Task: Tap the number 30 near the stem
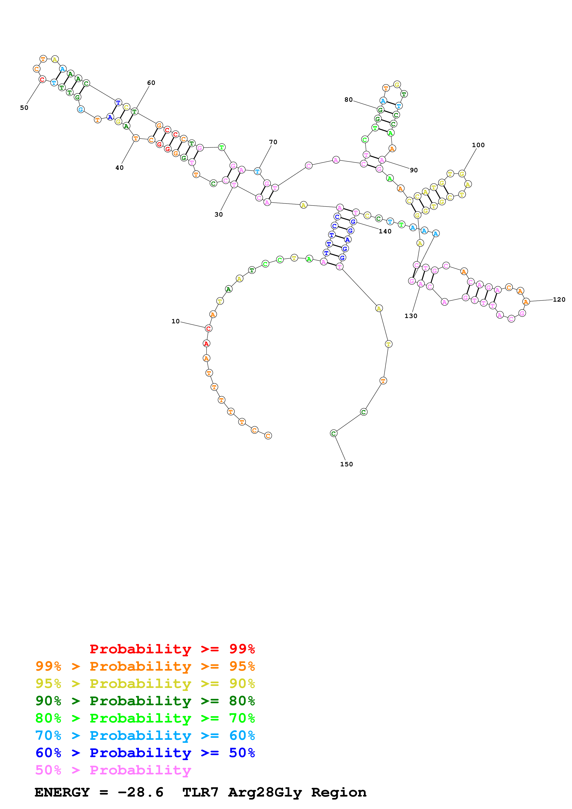coord(219,214)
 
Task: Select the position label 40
coord(120,168)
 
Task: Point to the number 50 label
coord(24,108)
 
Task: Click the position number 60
coord(151,83)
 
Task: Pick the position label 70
coord(273,142)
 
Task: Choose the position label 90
coord(414,170)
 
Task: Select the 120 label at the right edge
coord(559,300)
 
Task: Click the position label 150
coord(346,464)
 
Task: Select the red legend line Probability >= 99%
coord(172,649)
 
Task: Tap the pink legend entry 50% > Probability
coord(113,770)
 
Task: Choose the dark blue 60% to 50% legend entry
coord(145,753)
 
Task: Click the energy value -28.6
coord(141,792)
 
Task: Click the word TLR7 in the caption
coord(200,792)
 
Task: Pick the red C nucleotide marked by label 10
coord(208,328)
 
